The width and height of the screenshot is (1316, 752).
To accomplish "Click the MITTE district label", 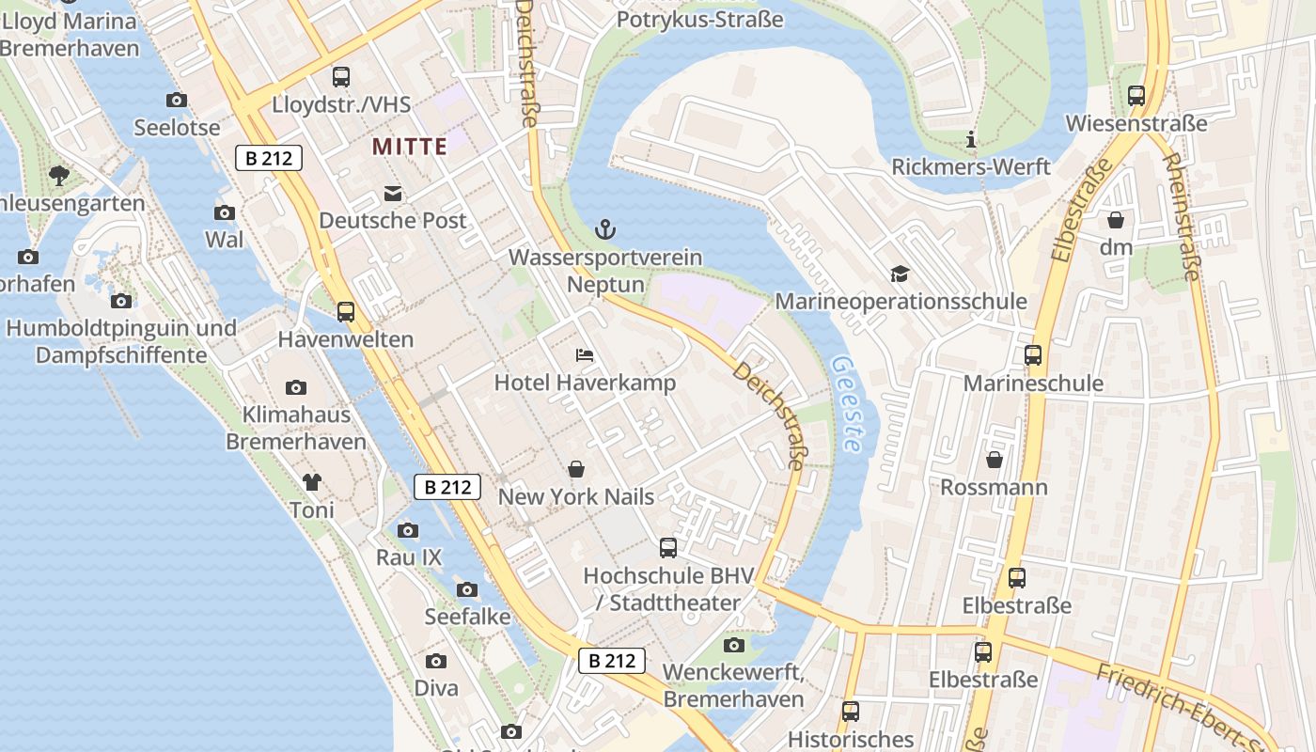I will [x=409, y=147].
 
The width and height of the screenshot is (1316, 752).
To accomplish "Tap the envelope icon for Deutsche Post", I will [x=393, y=194].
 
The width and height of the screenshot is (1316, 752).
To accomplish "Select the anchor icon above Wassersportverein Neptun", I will [x=605, y=228].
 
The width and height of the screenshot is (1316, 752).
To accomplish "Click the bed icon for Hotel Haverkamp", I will [x=585, y=355].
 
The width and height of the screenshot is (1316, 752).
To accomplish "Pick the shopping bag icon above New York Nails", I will [x=576, y=468].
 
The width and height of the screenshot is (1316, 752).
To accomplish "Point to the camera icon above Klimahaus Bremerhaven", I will [x=296, y=387].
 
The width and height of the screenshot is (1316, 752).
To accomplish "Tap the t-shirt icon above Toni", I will [x=312, y=482].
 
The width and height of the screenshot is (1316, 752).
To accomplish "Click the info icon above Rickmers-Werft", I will [x=971, y=140].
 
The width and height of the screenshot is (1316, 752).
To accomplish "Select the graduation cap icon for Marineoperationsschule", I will [x=901, y=274].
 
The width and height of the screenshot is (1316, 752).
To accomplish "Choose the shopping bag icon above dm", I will [x=1116, y=220].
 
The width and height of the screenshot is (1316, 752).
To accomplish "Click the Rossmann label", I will [x=994, y=488].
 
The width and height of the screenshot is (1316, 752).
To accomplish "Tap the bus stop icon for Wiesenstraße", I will [x=1136, y=95].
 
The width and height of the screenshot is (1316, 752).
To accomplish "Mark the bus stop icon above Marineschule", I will [x=1033, y=355].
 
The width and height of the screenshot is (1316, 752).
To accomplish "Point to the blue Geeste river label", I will [x=847, y=404].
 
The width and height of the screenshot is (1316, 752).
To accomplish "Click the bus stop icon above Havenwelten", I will [x=346, y=311].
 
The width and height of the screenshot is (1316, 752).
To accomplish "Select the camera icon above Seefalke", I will [x=466, y=589].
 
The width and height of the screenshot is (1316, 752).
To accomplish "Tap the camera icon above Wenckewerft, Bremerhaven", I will [x=734, y=645].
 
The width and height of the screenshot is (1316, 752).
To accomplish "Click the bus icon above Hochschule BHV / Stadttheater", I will [x=668, y=547].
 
